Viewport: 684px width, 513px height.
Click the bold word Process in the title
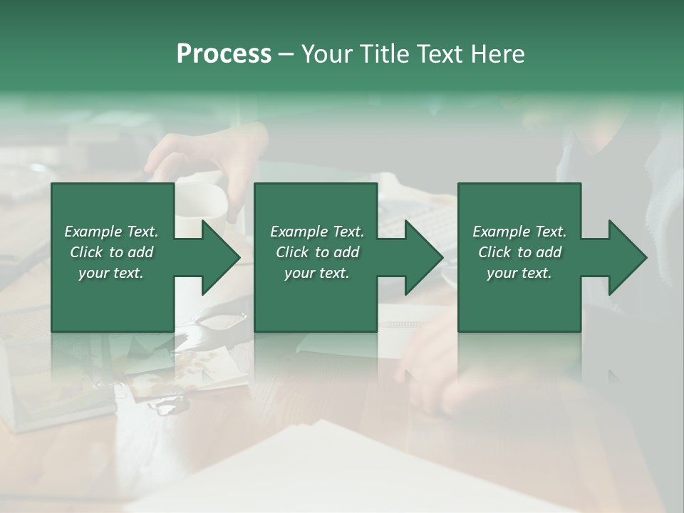(224, 54)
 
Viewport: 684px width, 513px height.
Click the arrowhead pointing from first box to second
(218, 257)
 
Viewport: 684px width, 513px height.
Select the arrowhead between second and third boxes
(421, 257)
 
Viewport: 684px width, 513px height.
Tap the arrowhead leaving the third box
(624, 257)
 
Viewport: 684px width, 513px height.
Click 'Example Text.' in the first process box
(112, 232)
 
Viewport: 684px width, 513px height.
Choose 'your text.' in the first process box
(112, 273)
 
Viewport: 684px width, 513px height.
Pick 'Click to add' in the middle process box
(317, 252)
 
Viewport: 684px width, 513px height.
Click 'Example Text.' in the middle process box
(317, 232)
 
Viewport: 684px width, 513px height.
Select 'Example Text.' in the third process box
(519, 232)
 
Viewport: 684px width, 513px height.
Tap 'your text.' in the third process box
(519, 273)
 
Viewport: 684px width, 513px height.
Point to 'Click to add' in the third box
(519, 252)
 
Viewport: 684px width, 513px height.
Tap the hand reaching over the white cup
(207, 150)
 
